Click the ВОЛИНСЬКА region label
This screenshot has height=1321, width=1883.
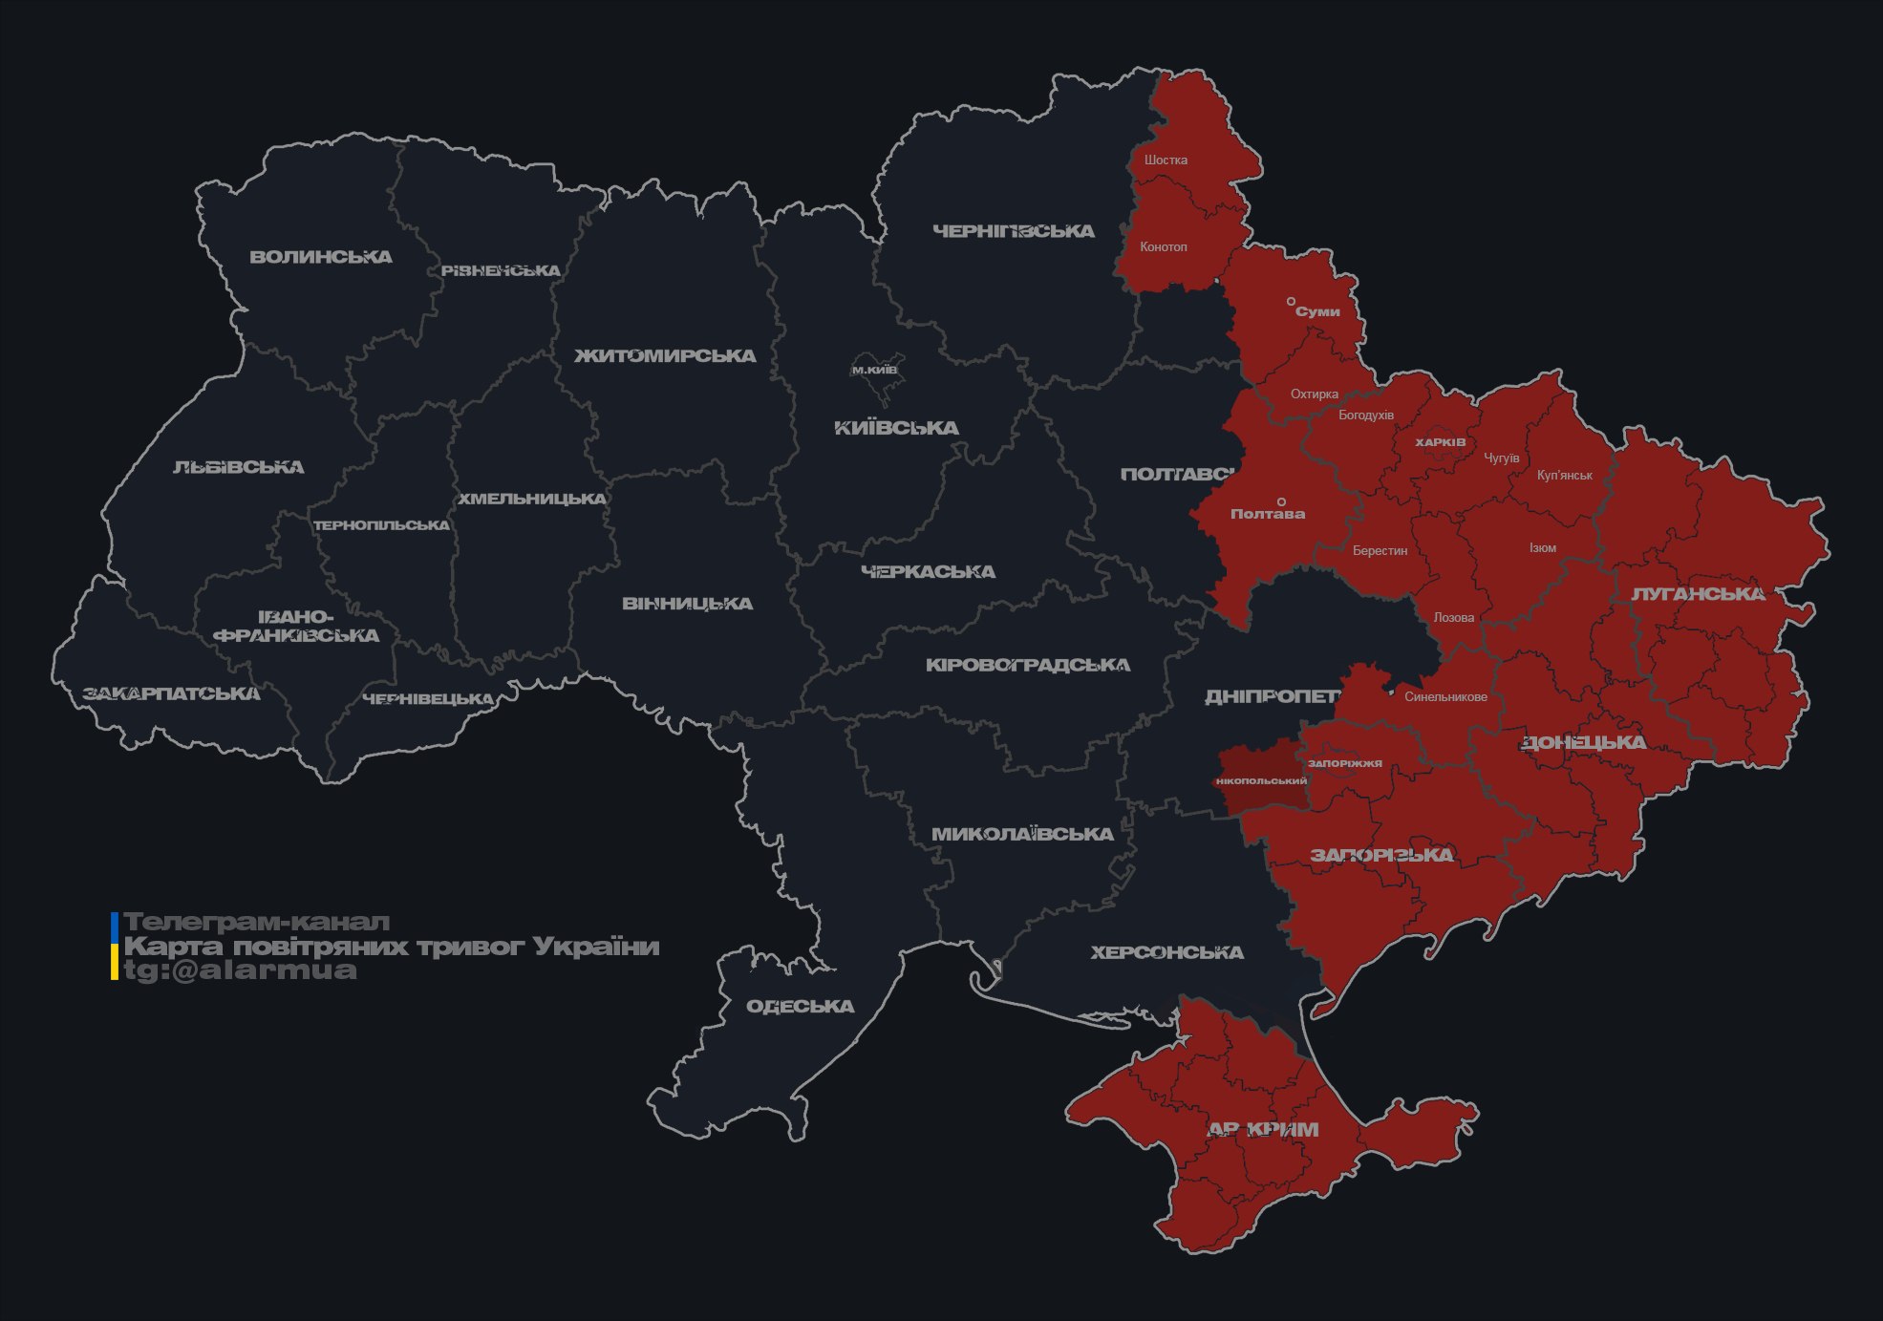click(x=321, y=257)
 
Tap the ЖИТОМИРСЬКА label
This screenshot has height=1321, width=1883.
click(x=665, y=356)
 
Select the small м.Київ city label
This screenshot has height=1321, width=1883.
click(x=874, y=370)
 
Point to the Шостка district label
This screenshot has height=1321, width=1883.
click(x=1166, y=160)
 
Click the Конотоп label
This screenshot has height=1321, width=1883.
click(x=1163, y=247)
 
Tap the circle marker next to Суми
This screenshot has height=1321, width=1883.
click(x=1291, y=302)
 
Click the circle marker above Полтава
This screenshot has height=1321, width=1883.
click(x=1281, y=501)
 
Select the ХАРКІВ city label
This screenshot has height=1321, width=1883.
click(x=1440, y=443)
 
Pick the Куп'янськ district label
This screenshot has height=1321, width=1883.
click(x=1564, y=476)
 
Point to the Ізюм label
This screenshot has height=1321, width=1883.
click(x=1542, y=548)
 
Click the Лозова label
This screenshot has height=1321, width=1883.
click(x=1453, y=618)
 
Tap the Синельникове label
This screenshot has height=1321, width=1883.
click(x=1445, y=697)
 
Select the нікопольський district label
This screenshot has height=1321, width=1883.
click(x=1261, y=781)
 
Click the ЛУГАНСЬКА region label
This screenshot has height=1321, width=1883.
click(x=1698, y=594)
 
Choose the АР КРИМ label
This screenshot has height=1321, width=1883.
click(x=1263, y=1130)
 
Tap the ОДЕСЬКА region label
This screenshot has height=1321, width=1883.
click(x=800, y=1007)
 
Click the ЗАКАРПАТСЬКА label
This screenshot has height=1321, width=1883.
click(x=171, y=693)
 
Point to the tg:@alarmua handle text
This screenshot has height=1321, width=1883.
click(x=240, y=970)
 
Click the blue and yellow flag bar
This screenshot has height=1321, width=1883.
click(x=115, y=946)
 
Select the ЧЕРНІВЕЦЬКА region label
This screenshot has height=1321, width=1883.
click(x=428, y=699)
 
